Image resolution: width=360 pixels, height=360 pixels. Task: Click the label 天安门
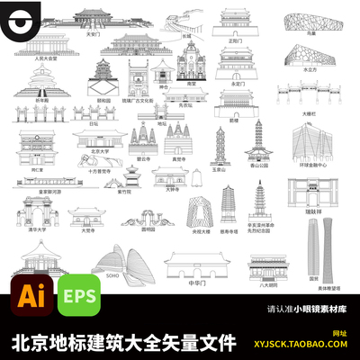(91, 33)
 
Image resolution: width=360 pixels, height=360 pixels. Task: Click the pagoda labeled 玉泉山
(220, 148)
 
